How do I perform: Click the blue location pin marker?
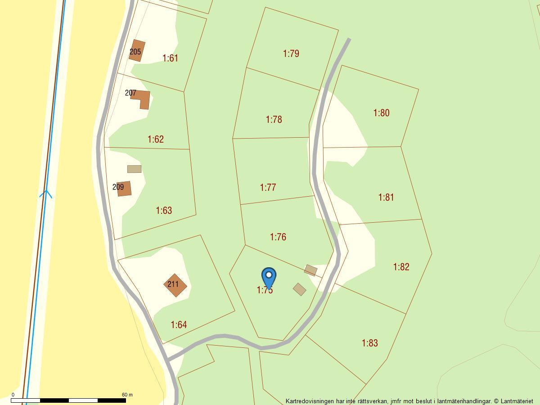point(269,277)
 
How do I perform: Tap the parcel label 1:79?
point(291,54)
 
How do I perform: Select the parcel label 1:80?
point(381,112)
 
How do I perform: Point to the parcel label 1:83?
point(369,343)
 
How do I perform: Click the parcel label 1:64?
point(179,324)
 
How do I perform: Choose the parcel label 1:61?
point(170,58)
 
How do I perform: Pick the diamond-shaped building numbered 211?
point(175,285)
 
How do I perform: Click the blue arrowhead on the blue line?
point(46,194)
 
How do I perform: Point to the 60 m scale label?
point(127,395)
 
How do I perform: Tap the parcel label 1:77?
point(268,187)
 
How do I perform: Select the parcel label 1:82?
point(401,267)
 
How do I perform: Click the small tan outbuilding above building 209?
point(134,169)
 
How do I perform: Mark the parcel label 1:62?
point(156,139)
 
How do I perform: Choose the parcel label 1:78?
point(274,119)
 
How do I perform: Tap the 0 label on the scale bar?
point(13,395)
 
